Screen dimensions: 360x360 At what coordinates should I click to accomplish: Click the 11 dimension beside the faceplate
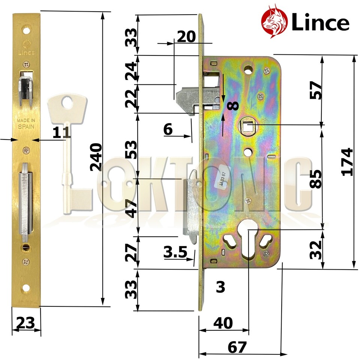point(61,132)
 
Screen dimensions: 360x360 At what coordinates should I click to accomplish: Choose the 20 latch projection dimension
point(186,37)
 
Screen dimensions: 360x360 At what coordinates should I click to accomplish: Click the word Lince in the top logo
point(320,24)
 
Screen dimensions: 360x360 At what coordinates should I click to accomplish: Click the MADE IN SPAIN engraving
point(26,123)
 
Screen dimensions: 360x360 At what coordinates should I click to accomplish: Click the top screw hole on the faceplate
point(26,28)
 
